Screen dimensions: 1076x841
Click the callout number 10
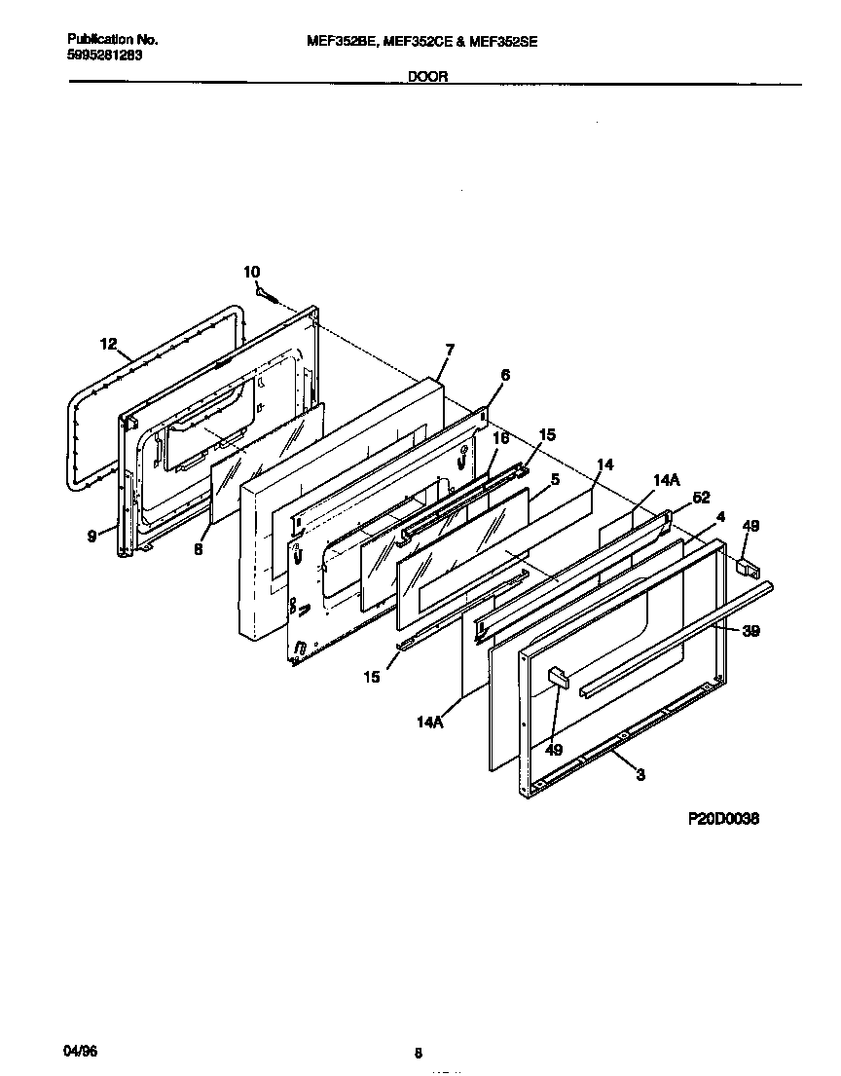252,272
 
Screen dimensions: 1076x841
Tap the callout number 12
108,344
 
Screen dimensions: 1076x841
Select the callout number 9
91,535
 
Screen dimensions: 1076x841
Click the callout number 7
450,349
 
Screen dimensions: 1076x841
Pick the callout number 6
505,375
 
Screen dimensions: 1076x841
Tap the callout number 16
500,439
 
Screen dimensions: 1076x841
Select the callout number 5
554,479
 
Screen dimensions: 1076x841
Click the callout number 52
700,498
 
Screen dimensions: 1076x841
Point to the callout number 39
750,631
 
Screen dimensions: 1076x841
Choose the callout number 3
640,774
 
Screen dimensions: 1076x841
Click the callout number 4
720,516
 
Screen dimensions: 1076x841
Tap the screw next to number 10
265,291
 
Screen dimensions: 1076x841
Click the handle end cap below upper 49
747,564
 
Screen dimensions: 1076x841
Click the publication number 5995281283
105,55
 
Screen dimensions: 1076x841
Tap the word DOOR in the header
428,76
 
